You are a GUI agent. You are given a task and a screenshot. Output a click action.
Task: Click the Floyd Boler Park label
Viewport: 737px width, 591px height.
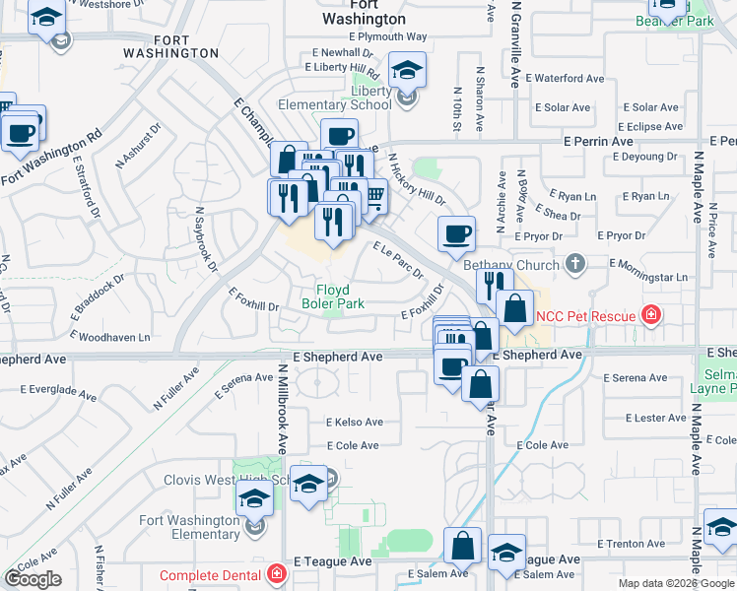pos(340,296)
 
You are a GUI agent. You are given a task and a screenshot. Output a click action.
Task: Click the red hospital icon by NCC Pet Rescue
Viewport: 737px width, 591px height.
pos(650,315)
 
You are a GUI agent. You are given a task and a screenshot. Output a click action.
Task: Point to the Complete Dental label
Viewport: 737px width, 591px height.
pos(211,575)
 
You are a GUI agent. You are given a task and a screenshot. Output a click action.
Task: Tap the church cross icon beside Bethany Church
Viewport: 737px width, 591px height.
pos(575,264)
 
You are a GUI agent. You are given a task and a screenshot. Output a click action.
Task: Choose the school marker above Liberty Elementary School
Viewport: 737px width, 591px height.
pos(405,72)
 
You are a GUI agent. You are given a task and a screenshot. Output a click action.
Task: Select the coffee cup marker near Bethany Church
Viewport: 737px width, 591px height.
pos(456,234)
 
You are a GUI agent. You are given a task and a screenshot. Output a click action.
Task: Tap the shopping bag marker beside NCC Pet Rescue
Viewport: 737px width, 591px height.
pos(514,307)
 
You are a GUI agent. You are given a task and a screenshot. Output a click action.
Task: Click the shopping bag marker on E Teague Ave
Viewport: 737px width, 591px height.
pos(462,547)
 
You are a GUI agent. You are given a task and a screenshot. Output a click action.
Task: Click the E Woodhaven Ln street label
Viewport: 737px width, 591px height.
pos(111,338)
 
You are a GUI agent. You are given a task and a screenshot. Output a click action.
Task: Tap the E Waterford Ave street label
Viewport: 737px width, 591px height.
pos(565,78)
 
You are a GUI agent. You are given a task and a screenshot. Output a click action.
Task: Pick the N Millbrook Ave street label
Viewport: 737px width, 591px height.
pos(281,403)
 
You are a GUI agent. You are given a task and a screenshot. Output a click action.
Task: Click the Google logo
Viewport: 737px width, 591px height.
pos(34,580)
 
